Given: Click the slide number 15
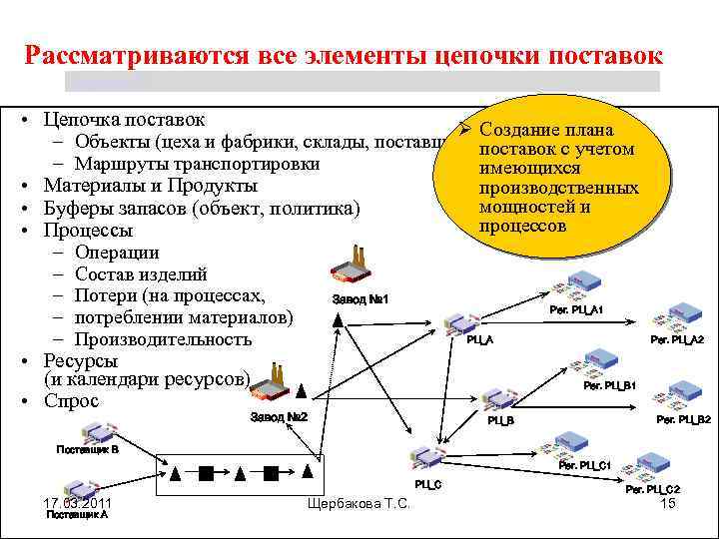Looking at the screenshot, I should click(669, 504).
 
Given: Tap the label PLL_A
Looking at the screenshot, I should click(480, 340).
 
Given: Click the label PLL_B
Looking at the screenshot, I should click(500, 421).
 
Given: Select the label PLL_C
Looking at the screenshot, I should click(428, 483).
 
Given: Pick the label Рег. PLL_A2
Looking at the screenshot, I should click(677, 340).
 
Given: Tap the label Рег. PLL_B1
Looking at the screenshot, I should click(610, 385).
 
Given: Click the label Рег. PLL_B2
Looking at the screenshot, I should click(683, 420).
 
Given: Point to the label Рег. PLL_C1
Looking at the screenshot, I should click(584, 465).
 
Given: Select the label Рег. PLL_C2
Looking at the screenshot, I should click(653, 489).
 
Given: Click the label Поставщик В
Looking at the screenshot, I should click(87, 449).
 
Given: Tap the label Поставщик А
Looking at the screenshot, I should click(77, 515).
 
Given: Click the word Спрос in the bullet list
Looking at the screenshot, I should click(71, 401).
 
